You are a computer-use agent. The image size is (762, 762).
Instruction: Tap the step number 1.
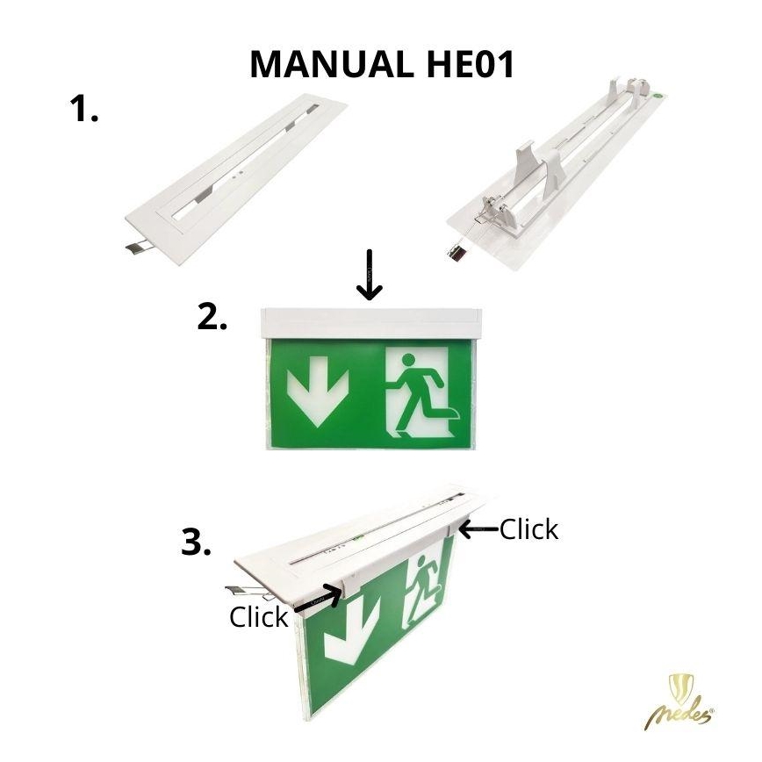coord(83,108)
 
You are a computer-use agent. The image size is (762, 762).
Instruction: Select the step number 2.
coord(212,316)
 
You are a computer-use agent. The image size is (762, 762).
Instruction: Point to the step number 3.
coord(196,542)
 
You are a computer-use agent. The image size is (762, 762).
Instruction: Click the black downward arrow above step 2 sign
coord(370,275)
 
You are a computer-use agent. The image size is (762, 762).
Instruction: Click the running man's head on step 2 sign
coord(409,360)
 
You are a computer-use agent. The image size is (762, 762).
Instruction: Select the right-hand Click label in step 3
coord(529,529)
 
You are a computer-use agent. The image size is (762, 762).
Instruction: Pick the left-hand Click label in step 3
coord(258,617)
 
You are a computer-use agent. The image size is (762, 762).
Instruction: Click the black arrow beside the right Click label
coord(479,529)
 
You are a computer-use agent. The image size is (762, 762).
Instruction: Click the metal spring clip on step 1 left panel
coord(139,248)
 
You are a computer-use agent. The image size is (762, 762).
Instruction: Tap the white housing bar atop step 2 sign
coord(371,323)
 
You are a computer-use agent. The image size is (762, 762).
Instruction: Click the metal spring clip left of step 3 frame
coord(246,592)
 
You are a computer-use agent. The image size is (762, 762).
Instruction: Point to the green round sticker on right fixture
coord(658,97)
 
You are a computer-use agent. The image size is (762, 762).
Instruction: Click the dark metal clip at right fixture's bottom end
coord(457,254)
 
